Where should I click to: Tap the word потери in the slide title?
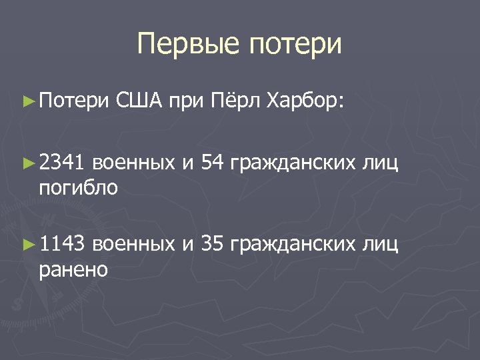click(295, 45)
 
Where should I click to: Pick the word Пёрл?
click(234, 101)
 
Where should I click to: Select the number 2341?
click(62, 161)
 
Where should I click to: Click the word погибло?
click(79, 189)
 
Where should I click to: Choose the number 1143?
click(62, 245)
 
